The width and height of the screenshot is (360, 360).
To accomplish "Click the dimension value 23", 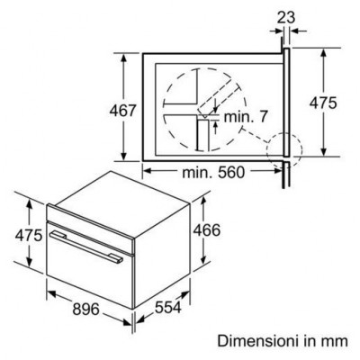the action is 286,17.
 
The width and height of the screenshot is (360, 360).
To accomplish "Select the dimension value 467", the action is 123,111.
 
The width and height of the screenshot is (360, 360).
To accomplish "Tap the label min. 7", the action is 245,116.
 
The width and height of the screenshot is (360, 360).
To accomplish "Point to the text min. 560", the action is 213,172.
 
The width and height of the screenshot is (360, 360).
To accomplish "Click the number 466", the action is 206,230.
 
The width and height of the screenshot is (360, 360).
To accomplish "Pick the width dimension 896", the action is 85,309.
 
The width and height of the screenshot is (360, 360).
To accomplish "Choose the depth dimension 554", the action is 168,307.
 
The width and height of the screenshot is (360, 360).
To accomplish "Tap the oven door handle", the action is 86,247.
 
